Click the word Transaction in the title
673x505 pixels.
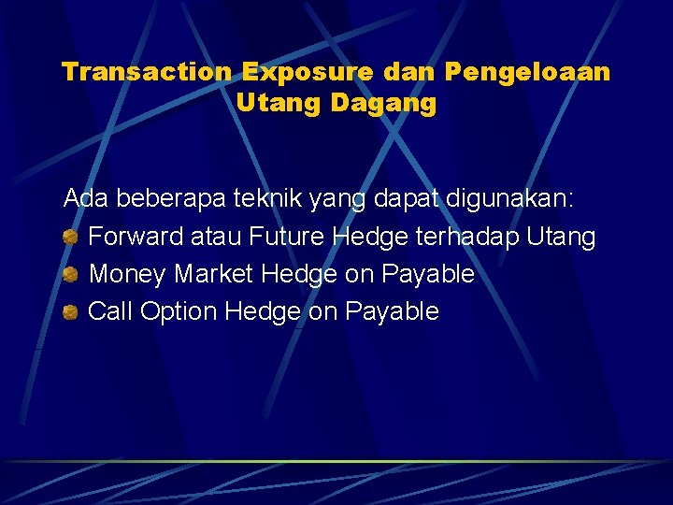click(147, 72)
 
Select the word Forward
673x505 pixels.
click(136, 237)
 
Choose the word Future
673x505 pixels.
click(287, 237)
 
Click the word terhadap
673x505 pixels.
click(466, 237)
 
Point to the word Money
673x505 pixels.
click(128, 274)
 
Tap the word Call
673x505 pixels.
click(110, 311)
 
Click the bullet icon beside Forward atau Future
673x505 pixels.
click(70, 238)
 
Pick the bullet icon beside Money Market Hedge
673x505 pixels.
click(70, 275)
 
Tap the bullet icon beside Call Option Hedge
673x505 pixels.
click(70, 312)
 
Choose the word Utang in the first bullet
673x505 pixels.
click(561, 238)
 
